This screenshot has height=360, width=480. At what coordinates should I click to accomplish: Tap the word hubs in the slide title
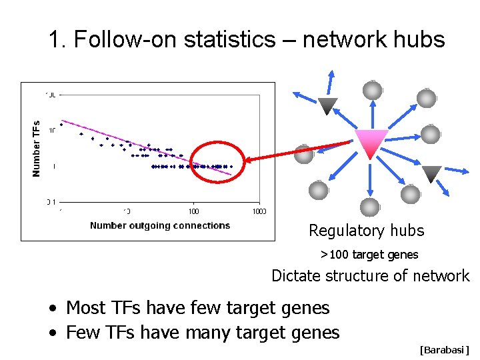[x=420, y=40]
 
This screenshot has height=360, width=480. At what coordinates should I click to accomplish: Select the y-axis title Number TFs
[x=37, y=148]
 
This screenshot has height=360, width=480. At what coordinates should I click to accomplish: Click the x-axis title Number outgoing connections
[x=160, y=225]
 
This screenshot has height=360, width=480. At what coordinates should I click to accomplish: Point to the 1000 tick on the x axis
[x=259, y=211]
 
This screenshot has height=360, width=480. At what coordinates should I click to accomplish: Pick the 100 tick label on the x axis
[x=193, y=211]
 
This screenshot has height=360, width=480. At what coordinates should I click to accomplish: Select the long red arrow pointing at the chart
[x=297, y=151]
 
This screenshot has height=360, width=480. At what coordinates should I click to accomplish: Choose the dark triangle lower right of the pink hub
[x=432, y=174]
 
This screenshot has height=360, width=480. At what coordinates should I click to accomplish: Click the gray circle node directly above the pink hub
[x=372, y=90]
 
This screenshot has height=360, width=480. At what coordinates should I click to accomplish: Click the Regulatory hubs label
[x=366, y=231]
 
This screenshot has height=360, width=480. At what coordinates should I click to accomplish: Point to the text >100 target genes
[x=369, y=255]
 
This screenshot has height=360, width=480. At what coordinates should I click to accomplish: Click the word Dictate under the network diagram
[x=295, y=276]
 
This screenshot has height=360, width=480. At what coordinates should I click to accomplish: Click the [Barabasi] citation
[x=444, y=350]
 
